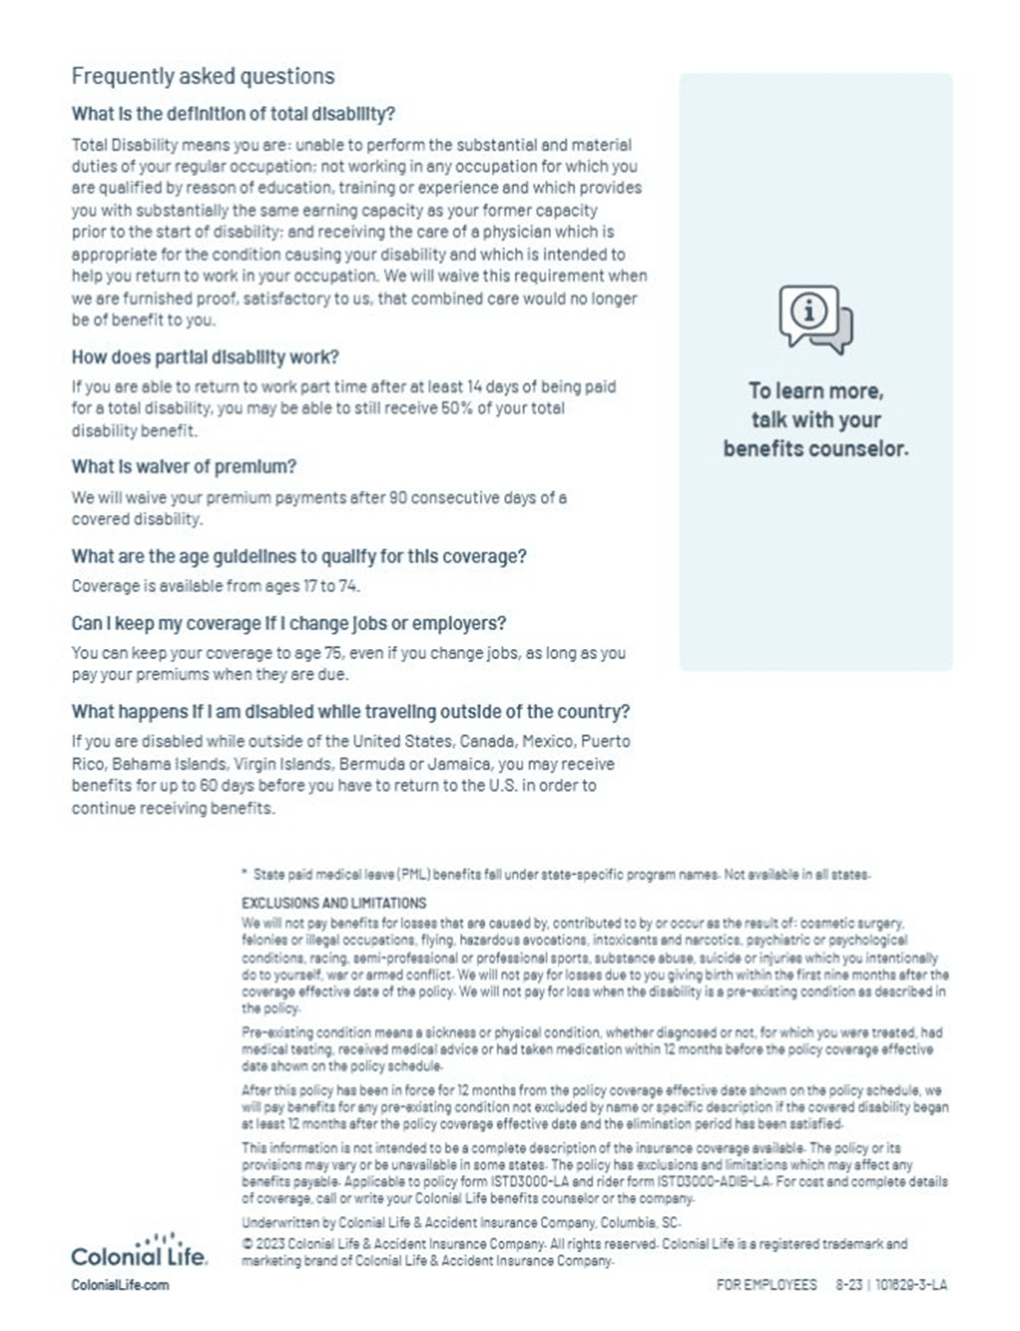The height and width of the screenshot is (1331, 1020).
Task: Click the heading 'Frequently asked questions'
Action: click(x=203, y=76)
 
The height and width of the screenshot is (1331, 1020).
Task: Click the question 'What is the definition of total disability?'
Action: click(x=233, y=114)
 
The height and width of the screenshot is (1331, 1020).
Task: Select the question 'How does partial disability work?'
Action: click(x=205, y=357)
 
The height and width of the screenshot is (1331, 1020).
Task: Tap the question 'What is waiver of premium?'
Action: click(x=183, y=466)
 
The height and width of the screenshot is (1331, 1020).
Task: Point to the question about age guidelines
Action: click(x=298, y=556)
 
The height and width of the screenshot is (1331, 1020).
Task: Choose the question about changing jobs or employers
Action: click(x=288, y=623)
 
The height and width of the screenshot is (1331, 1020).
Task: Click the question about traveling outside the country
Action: click(x=350, y=712)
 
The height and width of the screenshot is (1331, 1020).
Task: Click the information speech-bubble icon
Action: click(x=815, y=319)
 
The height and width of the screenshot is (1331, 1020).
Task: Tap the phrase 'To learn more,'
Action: click(x=816, y=391)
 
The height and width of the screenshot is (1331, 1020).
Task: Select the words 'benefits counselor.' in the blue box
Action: click(x=816, y=448)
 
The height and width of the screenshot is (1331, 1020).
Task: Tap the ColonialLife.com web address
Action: click(x=120, y=1285)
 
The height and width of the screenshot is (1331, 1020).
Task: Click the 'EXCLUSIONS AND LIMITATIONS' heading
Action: click(x=333, y=902)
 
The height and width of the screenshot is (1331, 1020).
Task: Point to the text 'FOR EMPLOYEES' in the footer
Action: click(x=767, y=1285)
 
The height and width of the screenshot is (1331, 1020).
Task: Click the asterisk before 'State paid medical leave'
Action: click(x=244, y=873)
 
